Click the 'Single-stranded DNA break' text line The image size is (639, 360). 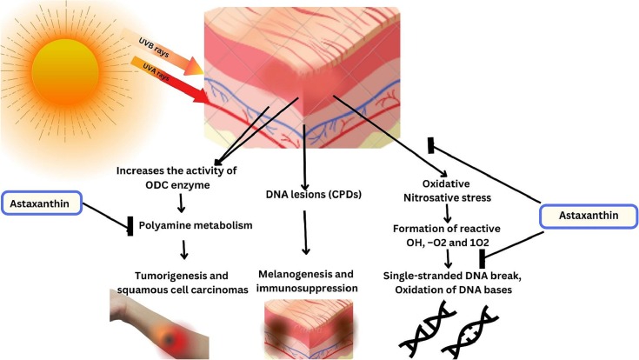[x=452, y=274]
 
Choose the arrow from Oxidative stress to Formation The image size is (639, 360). [x=446, y=213]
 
